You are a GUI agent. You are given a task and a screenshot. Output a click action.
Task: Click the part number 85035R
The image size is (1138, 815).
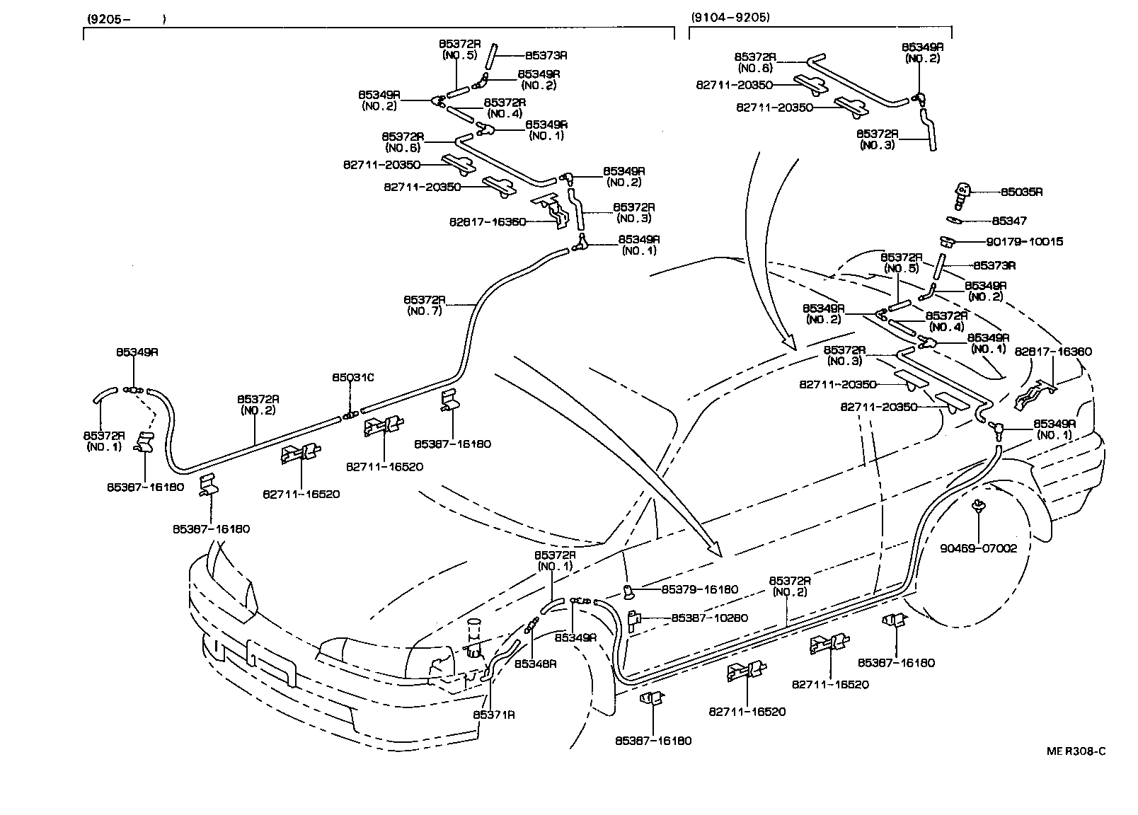[x=1021, y=192]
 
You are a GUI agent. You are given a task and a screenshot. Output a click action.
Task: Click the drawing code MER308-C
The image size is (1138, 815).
[x=1076, y=751]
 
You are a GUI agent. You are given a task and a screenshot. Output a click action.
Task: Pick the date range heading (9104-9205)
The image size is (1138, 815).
[x=730, y=17]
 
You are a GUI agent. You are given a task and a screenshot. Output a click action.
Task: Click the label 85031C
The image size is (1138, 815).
[x=352, y=378]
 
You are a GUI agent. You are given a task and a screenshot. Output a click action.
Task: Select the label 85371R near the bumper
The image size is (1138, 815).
[x=494, y=715]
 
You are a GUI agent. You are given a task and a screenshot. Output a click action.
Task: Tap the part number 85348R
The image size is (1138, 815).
[x=535, y=664]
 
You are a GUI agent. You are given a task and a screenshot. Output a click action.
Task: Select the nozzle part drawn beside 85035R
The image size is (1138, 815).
[x=962, y=194]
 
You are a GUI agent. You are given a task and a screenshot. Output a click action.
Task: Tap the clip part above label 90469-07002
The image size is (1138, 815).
[x=979, y=507]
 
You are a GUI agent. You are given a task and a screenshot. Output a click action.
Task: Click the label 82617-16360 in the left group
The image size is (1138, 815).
[x=487, y=221]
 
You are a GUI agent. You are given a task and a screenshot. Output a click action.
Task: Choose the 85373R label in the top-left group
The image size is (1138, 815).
[x=546, y=54]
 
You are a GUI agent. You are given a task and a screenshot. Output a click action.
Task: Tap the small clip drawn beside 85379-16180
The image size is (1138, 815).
[x=628, y=589]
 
